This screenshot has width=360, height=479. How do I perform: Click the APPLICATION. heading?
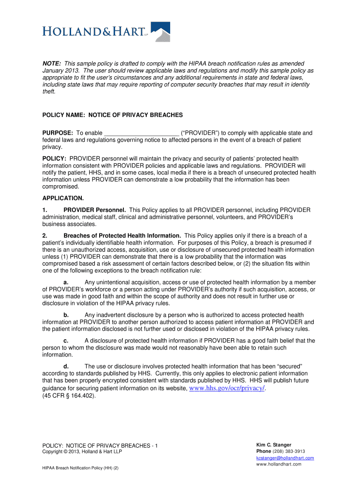[x=63, y=198]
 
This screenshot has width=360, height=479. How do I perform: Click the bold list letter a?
[x=66, y=283]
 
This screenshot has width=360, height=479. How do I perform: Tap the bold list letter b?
[x=66, y=315]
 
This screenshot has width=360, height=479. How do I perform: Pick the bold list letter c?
[x=66, y=341]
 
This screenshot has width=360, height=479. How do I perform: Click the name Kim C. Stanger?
[x=274, y=445]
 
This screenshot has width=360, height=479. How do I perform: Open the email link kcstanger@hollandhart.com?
[x=285, y=458]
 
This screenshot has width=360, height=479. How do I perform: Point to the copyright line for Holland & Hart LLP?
[x=82, y=452]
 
